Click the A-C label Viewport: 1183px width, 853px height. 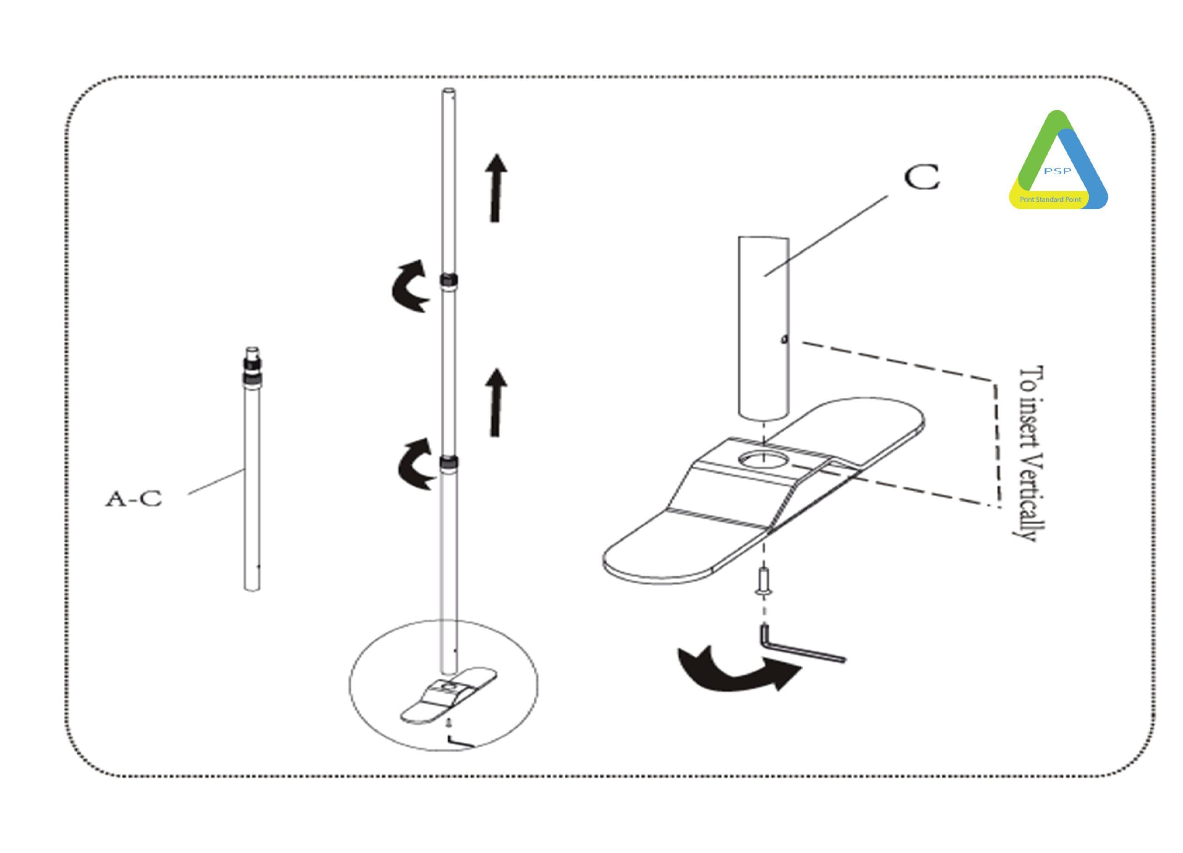click(134, 499)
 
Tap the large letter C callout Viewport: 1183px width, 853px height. click(921, 177)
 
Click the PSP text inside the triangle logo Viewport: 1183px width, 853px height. click(1057, 171)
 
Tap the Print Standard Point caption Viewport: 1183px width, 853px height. click(1050, 200)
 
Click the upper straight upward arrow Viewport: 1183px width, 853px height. click(495, 188)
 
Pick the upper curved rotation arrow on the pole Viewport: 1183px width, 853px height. click(409, 286)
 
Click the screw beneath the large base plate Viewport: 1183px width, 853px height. click(764, 581)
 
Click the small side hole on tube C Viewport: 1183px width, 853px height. click(784, 339)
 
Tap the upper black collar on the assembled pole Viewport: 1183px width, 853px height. click(449, 280)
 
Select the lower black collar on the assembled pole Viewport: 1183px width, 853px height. click(449, 461)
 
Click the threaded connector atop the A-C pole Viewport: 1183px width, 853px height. click(252, 366)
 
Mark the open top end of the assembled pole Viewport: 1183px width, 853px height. click(449, 91)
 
